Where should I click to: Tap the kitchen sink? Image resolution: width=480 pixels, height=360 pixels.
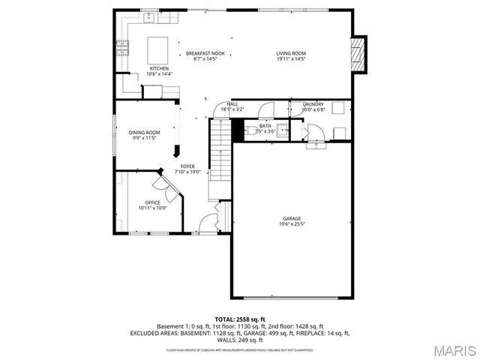pyautogui.click(x=150, y=16)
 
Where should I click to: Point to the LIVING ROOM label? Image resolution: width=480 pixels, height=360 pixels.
pyautogui.click(x=291, y=53)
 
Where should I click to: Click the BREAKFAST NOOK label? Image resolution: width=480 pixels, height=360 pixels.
pyautogui.click(x=205, y=53)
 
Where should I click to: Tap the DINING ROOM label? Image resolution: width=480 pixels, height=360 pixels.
pyautogui.click(x=144, y=132)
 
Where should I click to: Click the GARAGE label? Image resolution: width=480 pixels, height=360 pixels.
pyautogui.click(x=292, y=218)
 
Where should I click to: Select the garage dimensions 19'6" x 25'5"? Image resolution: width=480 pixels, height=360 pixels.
pyautogui.click(x=292, y=224)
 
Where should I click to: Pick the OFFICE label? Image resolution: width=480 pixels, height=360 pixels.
pyautogui.click(x=152, y=202)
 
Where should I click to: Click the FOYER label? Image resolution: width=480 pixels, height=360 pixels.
pyautogui.click(x=187, y=166)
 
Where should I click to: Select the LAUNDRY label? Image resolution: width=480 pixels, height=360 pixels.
pyautogui.click(x=313, y=103)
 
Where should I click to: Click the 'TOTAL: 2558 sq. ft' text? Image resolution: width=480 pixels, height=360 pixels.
pyautogui.click(x=240, y=319)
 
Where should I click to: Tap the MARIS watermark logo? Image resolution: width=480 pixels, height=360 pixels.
pyautogui.click(x=454, y=350)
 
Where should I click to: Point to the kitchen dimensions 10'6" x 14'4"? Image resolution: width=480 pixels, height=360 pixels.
pyautogui.click(x=159, y=73)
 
